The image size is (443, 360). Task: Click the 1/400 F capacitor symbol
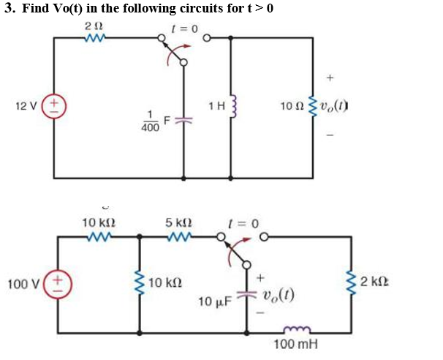point(183,121)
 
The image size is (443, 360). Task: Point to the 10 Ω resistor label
point(289,107)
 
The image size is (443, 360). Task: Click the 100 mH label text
point(296,343)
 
